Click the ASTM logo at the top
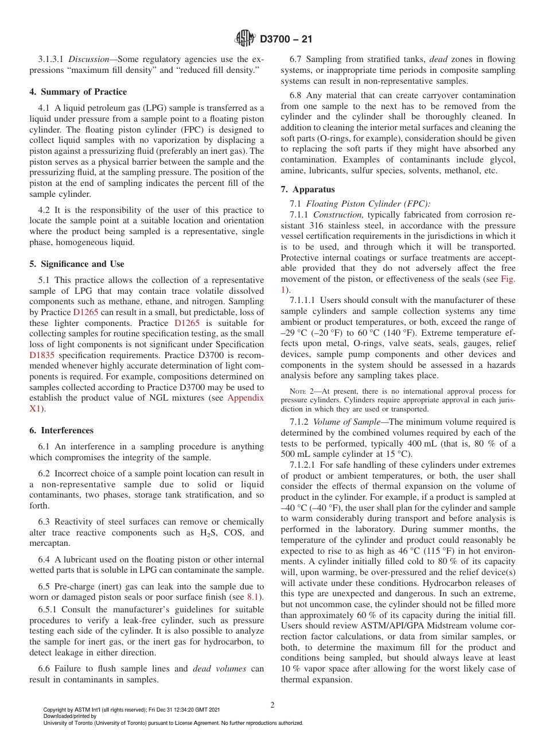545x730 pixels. [x=246, y=39]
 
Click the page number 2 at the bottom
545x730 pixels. [x=272, y=705]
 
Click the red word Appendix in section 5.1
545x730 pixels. [x=246, y=398]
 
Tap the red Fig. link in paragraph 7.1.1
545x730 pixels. [x=508, y=278]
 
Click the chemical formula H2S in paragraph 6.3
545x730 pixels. [x=198, y=533]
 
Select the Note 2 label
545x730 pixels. [x=301, y=391]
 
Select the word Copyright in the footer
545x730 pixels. [x=54, y=710]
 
